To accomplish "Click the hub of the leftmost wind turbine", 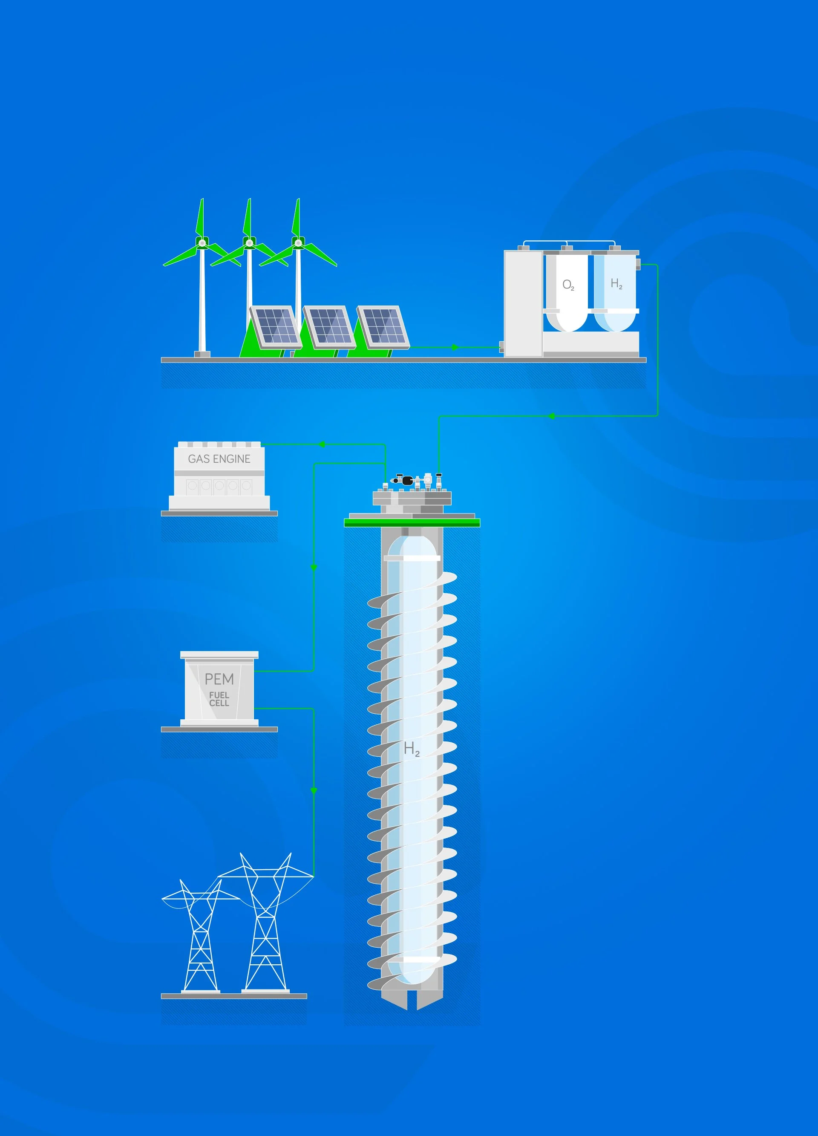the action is pos(202,243).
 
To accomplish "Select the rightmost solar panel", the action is pos(383,326).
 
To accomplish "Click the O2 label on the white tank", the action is pos(568,285).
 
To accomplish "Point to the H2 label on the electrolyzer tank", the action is pos(616,284).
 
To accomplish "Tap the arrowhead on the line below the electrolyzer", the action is pos(552,416).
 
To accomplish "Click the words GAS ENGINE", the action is pos(219,459).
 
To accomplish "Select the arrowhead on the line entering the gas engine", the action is pos(322,444).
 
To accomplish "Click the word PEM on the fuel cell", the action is pos(219,679).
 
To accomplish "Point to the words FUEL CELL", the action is pos(219,699).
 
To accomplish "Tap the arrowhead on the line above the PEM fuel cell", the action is pos(314,568).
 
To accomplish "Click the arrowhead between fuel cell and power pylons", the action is pos(314,791).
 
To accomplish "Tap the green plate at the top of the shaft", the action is pos(412,523).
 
